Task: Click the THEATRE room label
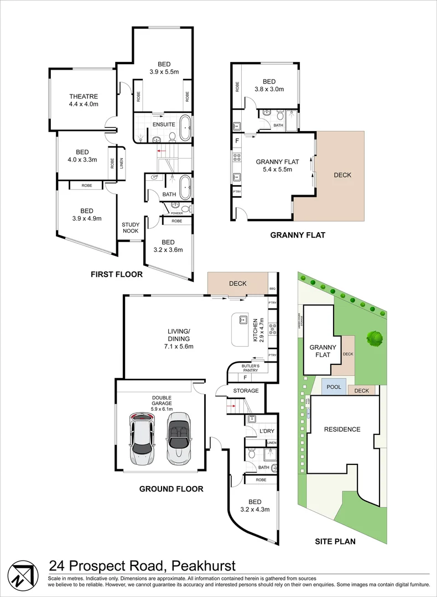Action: (83, 97)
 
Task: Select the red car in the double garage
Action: (142, 438)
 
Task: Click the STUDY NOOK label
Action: (131, 228)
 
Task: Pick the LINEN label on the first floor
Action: (120, 163)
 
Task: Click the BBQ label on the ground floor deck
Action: (272, 289)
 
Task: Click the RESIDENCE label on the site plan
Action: (342, 430)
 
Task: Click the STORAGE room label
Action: (246, 391)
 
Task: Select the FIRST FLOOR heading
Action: (117, 274)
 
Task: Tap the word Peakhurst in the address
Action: (203, 565)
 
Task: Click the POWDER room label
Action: (176, 213)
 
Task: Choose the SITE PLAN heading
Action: (335, 541)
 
